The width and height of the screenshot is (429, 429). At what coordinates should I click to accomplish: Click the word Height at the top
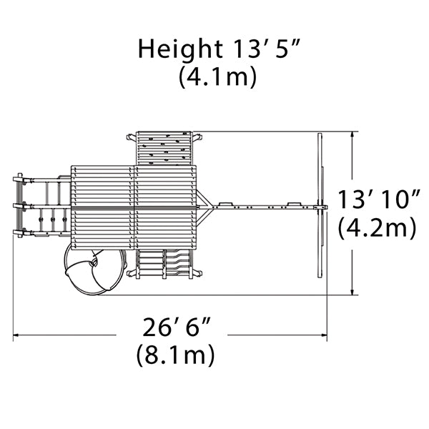point(180,50)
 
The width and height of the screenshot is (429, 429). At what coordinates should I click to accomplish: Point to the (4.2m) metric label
point(378,229)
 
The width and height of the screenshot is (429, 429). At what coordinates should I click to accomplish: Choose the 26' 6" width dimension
point(177,327)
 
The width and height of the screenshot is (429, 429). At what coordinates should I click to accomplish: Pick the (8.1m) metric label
point(175,355)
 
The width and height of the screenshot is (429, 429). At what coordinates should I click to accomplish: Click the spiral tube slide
point(95,272)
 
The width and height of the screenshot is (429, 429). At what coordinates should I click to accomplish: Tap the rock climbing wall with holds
point(164,149)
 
